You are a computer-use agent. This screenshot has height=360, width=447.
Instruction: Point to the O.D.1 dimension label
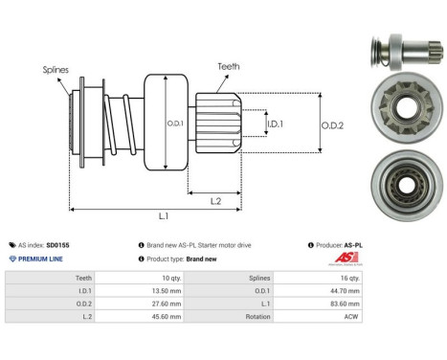176,123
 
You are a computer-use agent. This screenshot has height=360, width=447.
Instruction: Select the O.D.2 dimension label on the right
331,123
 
